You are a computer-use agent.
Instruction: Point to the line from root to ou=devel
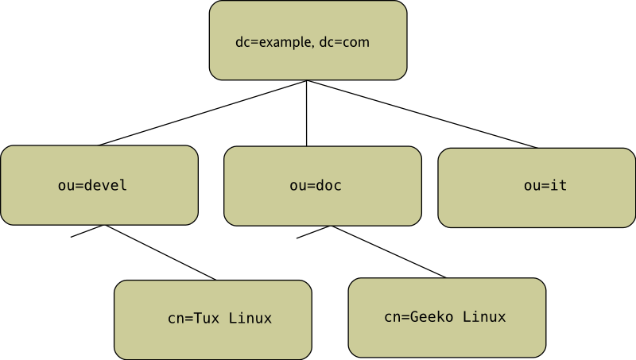click(203, 113)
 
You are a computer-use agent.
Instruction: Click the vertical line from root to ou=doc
click(307, 113)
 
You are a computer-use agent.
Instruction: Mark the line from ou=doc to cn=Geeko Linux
click(390, 252)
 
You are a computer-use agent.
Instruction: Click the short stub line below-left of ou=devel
click(88, 231)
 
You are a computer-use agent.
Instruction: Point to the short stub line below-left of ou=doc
click(314, 231)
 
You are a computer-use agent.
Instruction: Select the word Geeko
click(432, 317)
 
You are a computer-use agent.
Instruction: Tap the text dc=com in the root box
click(344, 41)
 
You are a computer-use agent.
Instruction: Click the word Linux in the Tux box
click(250, 319)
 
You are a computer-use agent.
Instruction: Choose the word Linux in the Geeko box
click(484, 317)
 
